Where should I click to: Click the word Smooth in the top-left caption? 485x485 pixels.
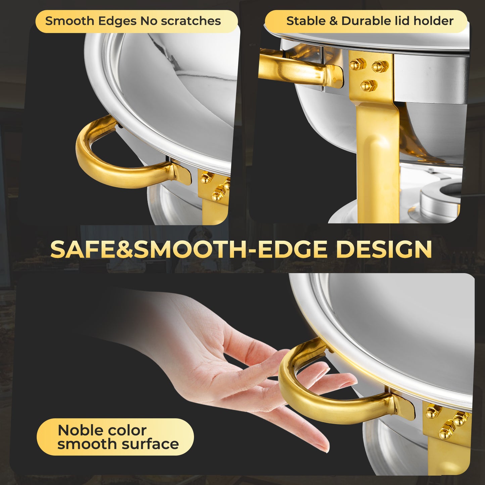(69, 21)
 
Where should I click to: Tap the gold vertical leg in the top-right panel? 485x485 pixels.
(378, 161)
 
